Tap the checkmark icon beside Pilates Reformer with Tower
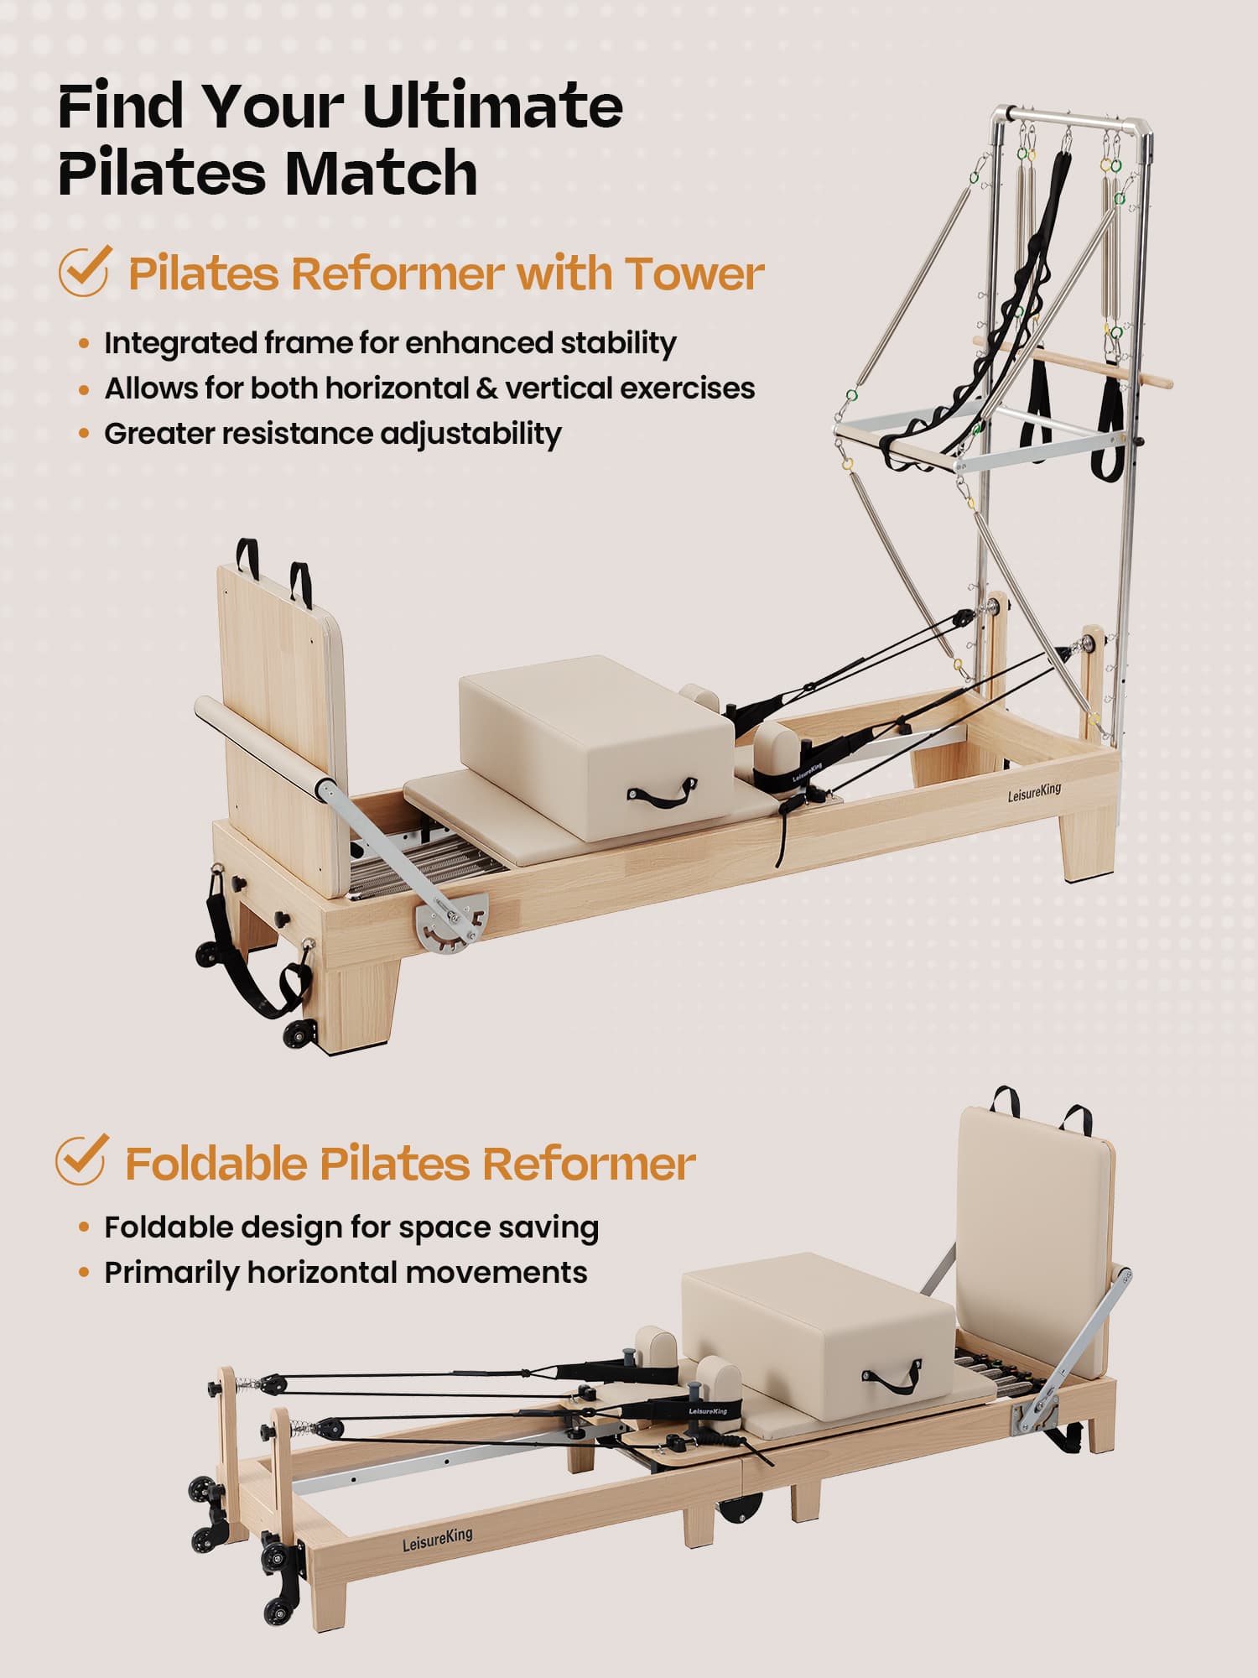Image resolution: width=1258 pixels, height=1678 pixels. (84, 271)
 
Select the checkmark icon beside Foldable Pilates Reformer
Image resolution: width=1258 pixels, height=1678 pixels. (81, 1159)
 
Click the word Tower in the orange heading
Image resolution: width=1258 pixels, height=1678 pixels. (694, 274)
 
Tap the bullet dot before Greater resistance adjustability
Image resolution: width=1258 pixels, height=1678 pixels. (83, 434)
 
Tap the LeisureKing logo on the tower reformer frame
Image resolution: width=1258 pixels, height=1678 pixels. (1034, 791)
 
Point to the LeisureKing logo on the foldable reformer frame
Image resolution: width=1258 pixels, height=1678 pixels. (437, 1539)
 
